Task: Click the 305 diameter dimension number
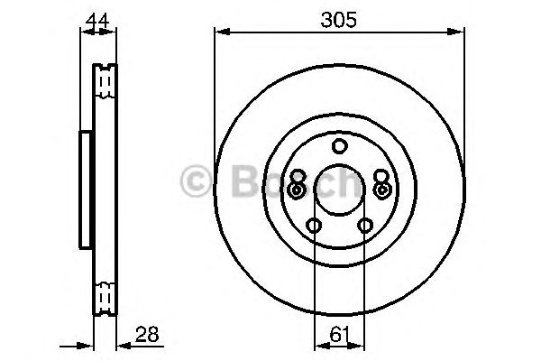pos(338,16)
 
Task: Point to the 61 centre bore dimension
pos(339,334)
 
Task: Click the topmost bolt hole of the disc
pos(339,147)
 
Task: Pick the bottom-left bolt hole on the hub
pos(314,226)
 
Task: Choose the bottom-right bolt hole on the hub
pos(365,226)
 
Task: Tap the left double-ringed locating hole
pos(297,190)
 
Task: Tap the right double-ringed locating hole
pos(381,190)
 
